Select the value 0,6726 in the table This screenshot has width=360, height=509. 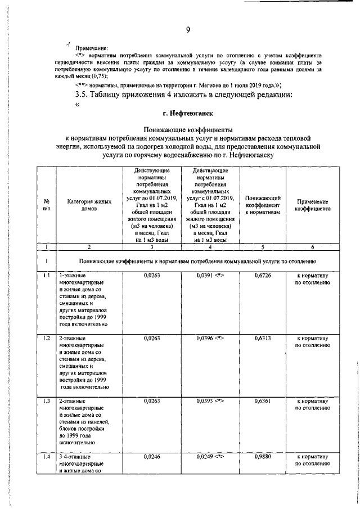point(263,276)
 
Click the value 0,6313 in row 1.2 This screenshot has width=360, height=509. point(263,339)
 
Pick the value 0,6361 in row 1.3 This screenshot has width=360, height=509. point(263,402)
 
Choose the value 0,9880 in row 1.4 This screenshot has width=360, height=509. point(263,457)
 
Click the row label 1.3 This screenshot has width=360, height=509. point(47,402)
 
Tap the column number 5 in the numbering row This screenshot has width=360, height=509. point(263,246)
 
